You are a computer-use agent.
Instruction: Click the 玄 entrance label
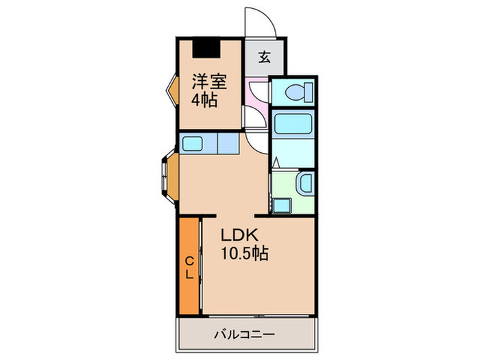(265, 57)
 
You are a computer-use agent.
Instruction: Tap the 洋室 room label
(209, 82)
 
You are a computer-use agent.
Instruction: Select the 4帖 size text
(204, 99)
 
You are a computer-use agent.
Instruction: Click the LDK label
(240, 235)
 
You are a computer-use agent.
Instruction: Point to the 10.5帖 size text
(245, 253)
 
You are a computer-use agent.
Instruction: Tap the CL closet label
(190, 268)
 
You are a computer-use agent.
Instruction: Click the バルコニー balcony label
(244, 335)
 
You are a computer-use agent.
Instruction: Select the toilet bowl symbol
(298, 93)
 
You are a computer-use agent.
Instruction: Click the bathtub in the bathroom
(293, 123)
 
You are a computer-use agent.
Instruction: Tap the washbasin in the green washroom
(305, 183)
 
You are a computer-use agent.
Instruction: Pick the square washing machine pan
(282, 206)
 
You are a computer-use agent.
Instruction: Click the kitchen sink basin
(192, 143)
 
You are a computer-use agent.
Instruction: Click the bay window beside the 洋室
(173, 90)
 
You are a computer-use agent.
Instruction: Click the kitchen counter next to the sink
(228, 143)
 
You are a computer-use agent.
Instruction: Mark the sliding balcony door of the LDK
(259, 315)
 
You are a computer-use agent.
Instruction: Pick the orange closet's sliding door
(200, 265)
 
